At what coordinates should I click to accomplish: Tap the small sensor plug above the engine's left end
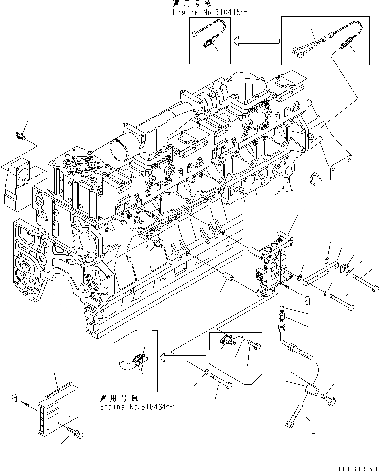pyautogui.click(x=21, y=136)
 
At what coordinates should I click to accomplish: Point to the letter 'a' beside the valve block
pyautogui.click(x=308, y=299)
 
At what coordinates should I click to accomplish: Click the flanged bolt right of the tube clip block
pyautogui.click(x=327, y=397)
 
